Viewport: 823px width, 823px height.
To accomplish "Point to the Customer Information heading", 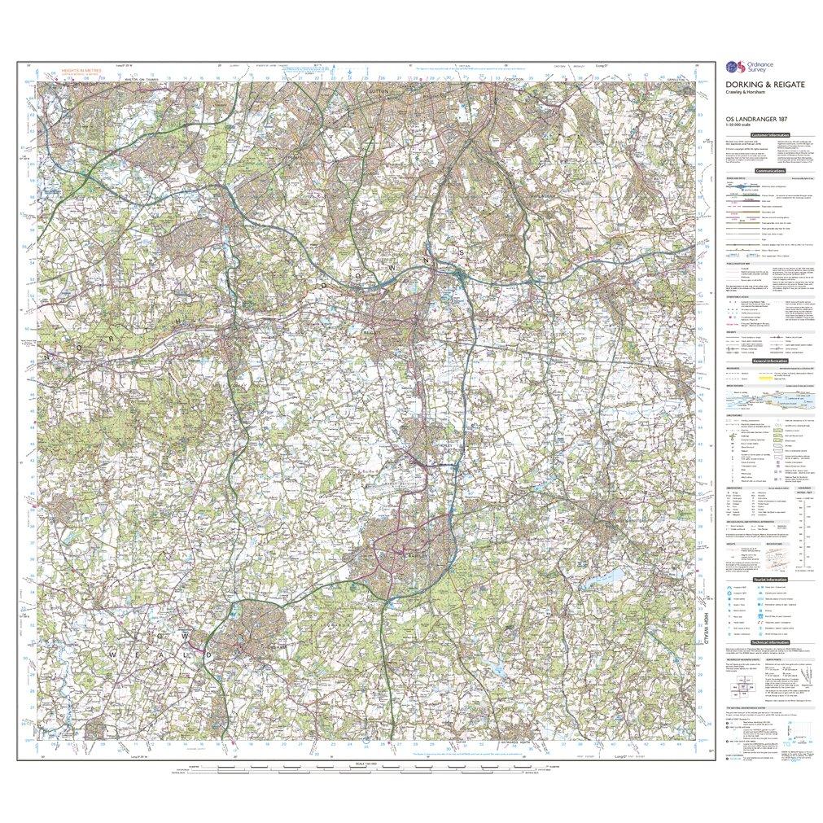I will click(769, 134).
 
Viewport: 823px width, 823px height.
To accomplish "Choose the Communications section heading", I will click(769, 171).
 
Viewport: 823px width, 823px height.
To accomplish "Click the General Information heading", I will click(769, 361).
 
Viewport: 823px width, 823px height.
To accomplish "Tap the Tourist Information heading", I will click(769, 579).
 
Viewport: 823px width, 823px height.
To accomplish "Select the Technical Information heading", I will click(769, 642).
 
